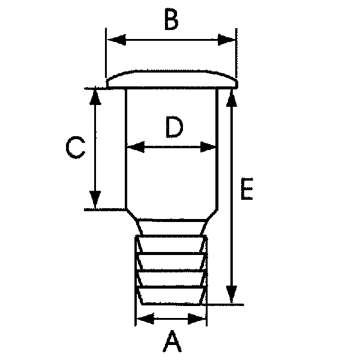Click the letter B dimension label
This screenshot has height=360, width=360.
[x=172, y=20]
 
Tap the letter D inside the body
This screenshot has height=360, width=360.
[x=175, y=127]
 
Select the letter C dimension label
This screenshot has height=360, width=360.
[x=76, y=148]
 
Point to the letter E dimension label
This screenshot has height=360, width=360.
[x=247, y=189]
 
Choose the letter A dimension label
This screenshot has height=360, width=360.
[x=172, y=341]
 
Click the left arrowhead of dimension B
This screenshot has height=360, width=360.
[x=116, y=40]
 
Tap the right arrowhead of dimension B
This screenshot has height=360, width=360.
[x=227, y=40]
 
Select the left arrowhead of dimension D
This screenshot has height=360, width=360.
[x=136, y=147]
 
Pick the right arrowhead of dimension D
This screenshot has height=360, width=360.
[x=208, y=147]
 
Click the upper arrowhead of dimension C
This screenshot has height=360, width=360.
[x=95, y=97]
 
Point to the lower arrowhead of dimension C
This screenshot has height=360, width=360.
[x=95, y=200]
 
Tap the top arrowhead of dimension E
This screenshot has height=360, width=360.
[x=232, y=98]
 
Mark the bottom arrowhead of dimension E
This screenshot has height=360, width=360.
[x=232, y=295]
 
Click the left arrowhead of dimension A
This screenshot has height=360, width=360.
[x=145, y=319]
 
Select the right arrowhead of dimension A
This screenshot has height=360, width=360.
[x=197, y=319]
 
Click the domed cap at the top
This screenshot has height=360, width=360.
[x=172, y=79]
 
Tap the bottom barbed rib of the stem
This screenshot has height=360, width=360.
[x=171, y=296]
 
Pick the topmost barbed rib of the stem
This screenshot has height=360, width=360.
[x=171, y=245]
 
